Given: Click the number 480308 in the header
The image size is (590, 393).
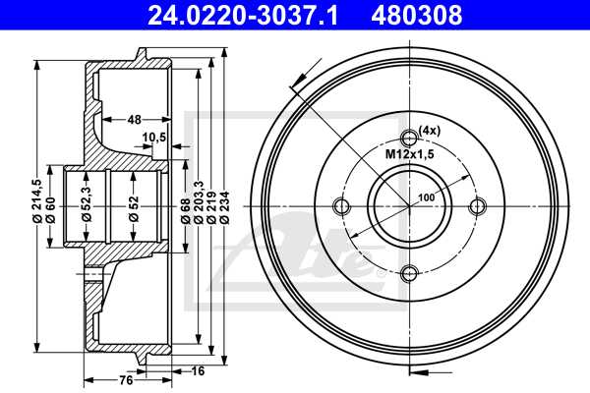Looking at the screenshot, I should click(x=417, y=16).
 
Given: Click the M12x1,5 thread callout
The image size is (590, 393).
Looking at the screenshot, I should click(x=405, y=155).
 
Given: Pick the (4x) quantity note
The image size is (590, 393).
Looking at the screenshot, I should click(x=429, y=130).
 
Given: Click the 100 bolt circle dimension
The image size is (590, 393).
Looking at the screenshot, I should click(x=426, y=198).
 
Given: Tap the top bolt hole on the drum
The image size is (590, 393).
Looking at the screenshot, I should click(x=410, y=137).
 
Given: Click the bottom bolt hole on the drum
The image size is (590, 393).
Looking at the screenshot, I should click(x=410, y=273).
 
